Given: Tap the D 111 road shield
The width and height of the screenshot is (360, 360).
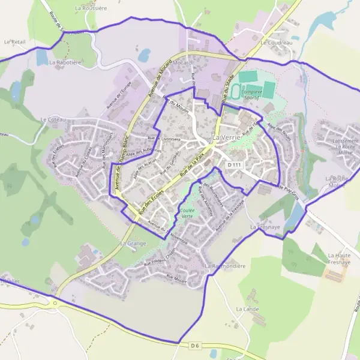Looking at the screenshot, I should tap(235, 164).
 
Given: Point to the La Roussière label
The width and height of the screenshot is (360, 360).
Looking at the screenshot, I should tap(91, 9).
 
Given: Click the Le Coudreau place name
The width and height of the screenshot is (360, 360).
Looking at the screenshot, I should tap(276, 43).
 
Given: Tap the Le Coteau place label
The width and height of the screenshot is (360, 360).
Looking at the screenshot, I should tap(53, 119).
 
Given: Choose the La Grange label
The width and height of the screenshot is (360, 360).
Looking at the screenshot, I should tap(133, 244).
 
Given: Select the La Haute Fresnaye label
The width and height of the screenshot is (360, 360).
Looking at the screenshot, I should tap(339, 259).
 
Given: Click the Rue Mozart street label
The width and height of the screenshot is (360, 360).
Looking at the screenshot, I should tap(178, 278).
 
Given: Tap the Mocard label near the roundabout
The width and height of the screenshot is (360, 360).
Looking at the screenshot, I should tap(182, 63).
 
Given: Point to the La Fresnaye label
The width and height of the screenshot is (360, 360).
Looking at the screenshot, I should tap(262, 228).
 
